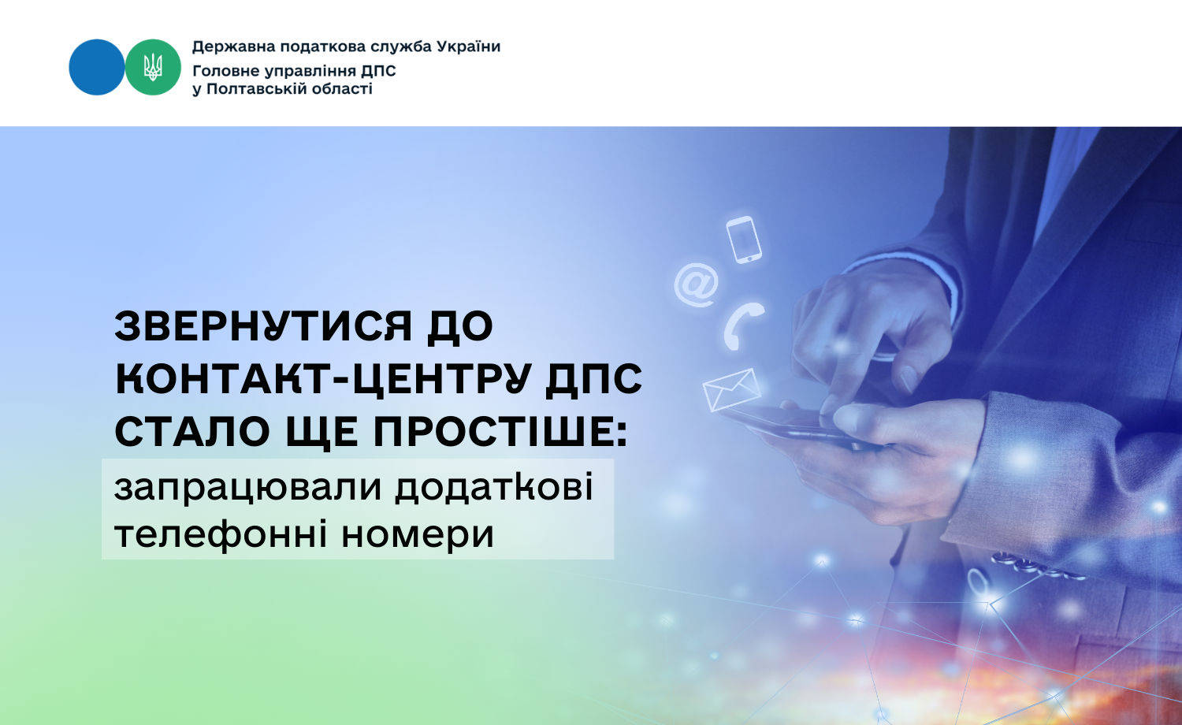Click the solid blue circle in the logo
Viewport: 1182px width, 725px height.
pyautogui.click(x=97, y=67)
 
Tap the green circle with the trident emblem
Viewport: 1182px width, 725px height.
pyautogui.click(x=153, y=67)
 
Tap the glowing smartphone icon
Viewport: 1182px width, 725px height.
pyautogui.click(x=744, y=240)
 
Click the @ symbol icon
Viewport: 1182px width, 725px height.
pyautogui.click(x=697, y=284)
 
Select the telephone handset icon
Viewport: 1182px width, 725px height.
pyautogui.click(x=743, y=325)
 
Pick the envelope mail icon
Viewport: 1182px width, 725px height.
pyautogui.click(x=732, y=390)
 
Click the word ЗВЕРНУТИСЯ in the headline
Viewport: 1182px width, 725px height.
pyautogui.click(x=262, y=326)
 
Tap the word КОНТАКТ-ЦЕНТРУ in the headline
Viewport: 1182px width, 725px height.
pyautogui.click(x=323, y=378)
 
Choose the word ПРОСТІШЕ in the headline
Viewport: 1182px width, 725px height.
pyautogui.click(x=500, y=432)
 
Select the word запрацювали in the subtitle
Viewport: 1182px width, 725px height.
pyautogui.click(x=247, y=489)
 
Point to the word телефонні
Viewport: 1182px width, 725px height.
pyautogui.click(x=221, y=535)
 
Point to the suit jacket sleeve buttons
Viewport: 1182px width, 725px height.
pyautogui.click(x=1037, y=564)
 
